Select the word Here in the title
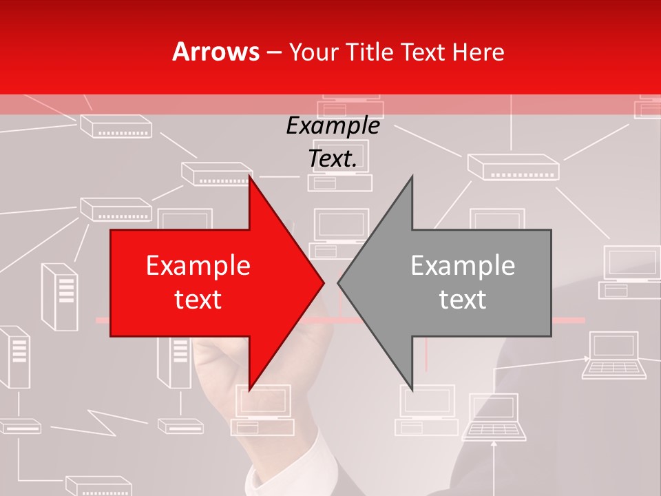point(478,52)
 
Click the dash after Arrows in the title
point(273,52)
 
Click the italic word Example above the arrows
point(333,125)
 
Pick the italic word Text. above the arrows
point(333,158)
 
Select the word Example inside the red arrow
point(198,265)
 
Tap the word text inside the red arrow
point(198,299)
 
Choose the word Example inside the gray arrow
point(463,265)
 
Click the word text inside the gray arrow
point(463,299)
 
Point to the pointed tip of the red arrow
point(324,283)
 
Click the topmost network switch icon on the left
point(116,126)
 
